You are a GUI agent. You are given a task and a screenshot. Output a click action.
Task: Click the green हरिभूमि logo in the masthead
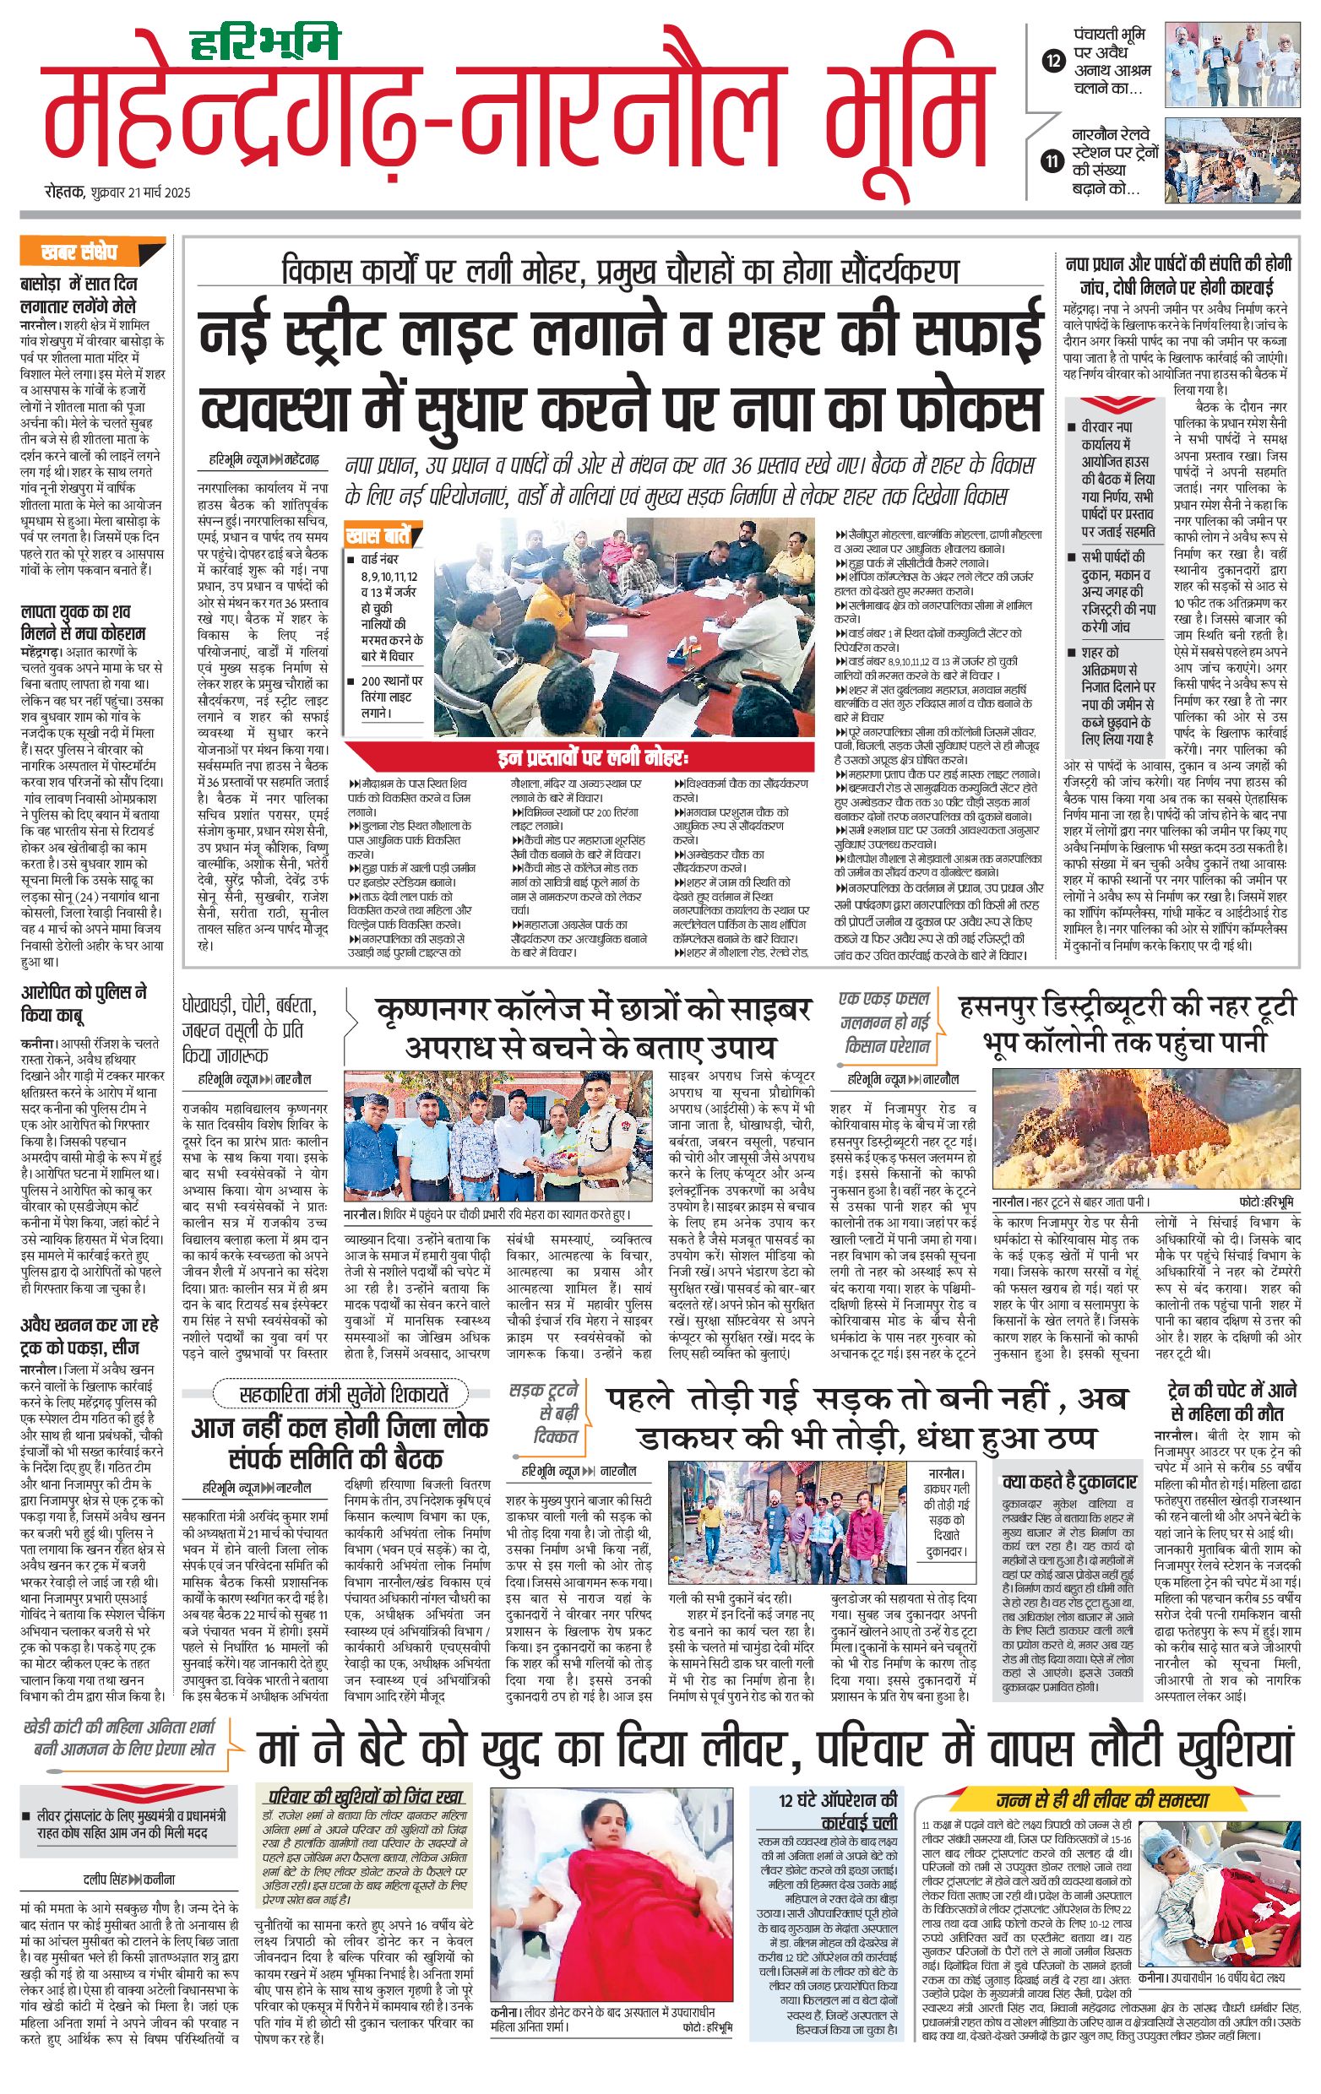[264, 43]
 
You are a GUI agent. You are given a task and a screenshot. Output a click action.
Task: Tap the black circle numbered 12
[1053, 61]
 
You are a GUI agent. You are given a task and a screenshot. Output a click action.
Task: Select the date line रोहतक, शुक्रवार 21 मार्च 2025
[118, 193]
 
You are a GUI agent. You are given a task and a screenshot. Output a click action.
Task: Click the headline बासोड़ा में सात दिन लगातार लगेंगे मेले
[79, 295]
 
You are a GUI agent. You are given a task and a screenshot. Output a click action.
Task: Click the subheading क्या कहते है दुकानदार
[1068, 1482]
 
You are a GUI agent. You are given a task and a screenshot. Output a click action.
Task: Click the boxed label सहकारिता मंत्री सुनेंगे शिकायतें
[344, 1395]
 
